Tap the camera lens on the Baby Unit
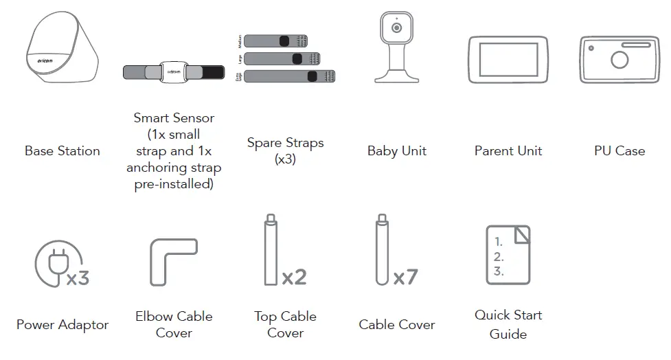396,27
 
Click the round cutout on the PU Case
619,60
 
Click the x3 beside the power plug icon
77,278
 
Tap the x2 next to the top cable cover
294,277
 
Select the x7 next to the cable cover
405,277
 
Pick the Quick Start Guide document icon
508,254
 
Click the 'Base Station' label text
62,151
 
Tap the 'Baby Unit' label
396,151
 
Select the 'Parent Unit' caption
508,151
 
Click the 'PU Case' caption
619,151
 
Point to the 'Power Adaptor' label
62,325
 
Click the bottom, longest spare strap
288,76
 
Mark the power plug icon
52,261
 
